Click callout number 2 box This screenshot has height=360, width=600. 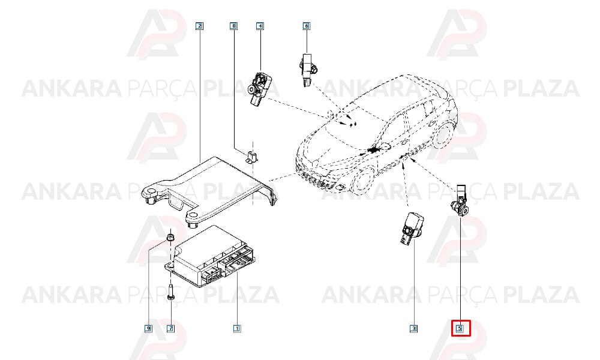tap(199, 26)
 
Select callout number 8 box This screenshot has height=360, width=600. tap(233, 26)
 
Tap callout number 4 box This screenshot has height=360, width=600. tap(260, 26)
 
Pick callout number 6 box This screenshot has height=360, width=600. tap(306, 26)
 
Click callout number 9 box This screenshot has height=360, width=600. tap(148, 328)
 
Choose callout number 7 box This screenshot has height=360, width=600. tap(170, 328)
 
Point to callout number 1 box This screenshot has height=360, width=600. tap(237, 328)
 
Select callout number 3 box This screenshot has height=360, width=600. tap(413, 328)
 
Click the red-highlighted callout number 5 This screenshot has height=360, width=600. tap(460, 328)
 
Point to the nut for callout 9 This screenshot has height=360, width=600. tap(170, 237)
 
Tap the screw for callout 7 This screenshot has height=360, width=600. tap(170, 293)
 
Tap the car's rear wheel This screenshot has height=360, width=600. tap(443, 134)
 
